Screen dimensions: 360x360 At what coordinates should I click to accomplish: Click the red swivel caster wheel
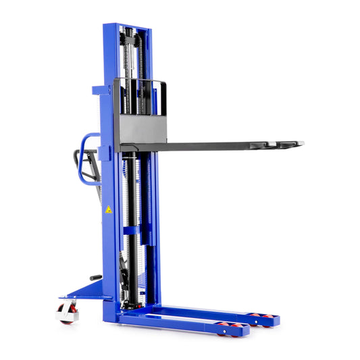[66, 312]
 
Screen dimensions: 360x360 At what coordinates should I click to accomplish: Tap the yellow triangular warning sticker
[108, 210]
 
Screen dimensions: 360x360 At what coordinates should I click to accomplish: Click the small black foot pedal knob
[95, 277]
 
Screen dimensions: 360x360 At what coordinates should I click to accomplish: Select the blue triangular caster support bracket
[88, 290]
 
